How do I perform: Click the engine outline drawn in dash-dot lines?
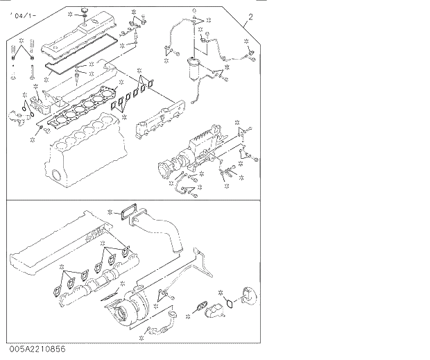(x=55, y=243)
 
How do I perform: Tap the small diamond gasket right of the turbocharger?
(x=201, y=305)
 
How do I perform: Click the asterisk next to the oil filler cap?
(x=71, y=13)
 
